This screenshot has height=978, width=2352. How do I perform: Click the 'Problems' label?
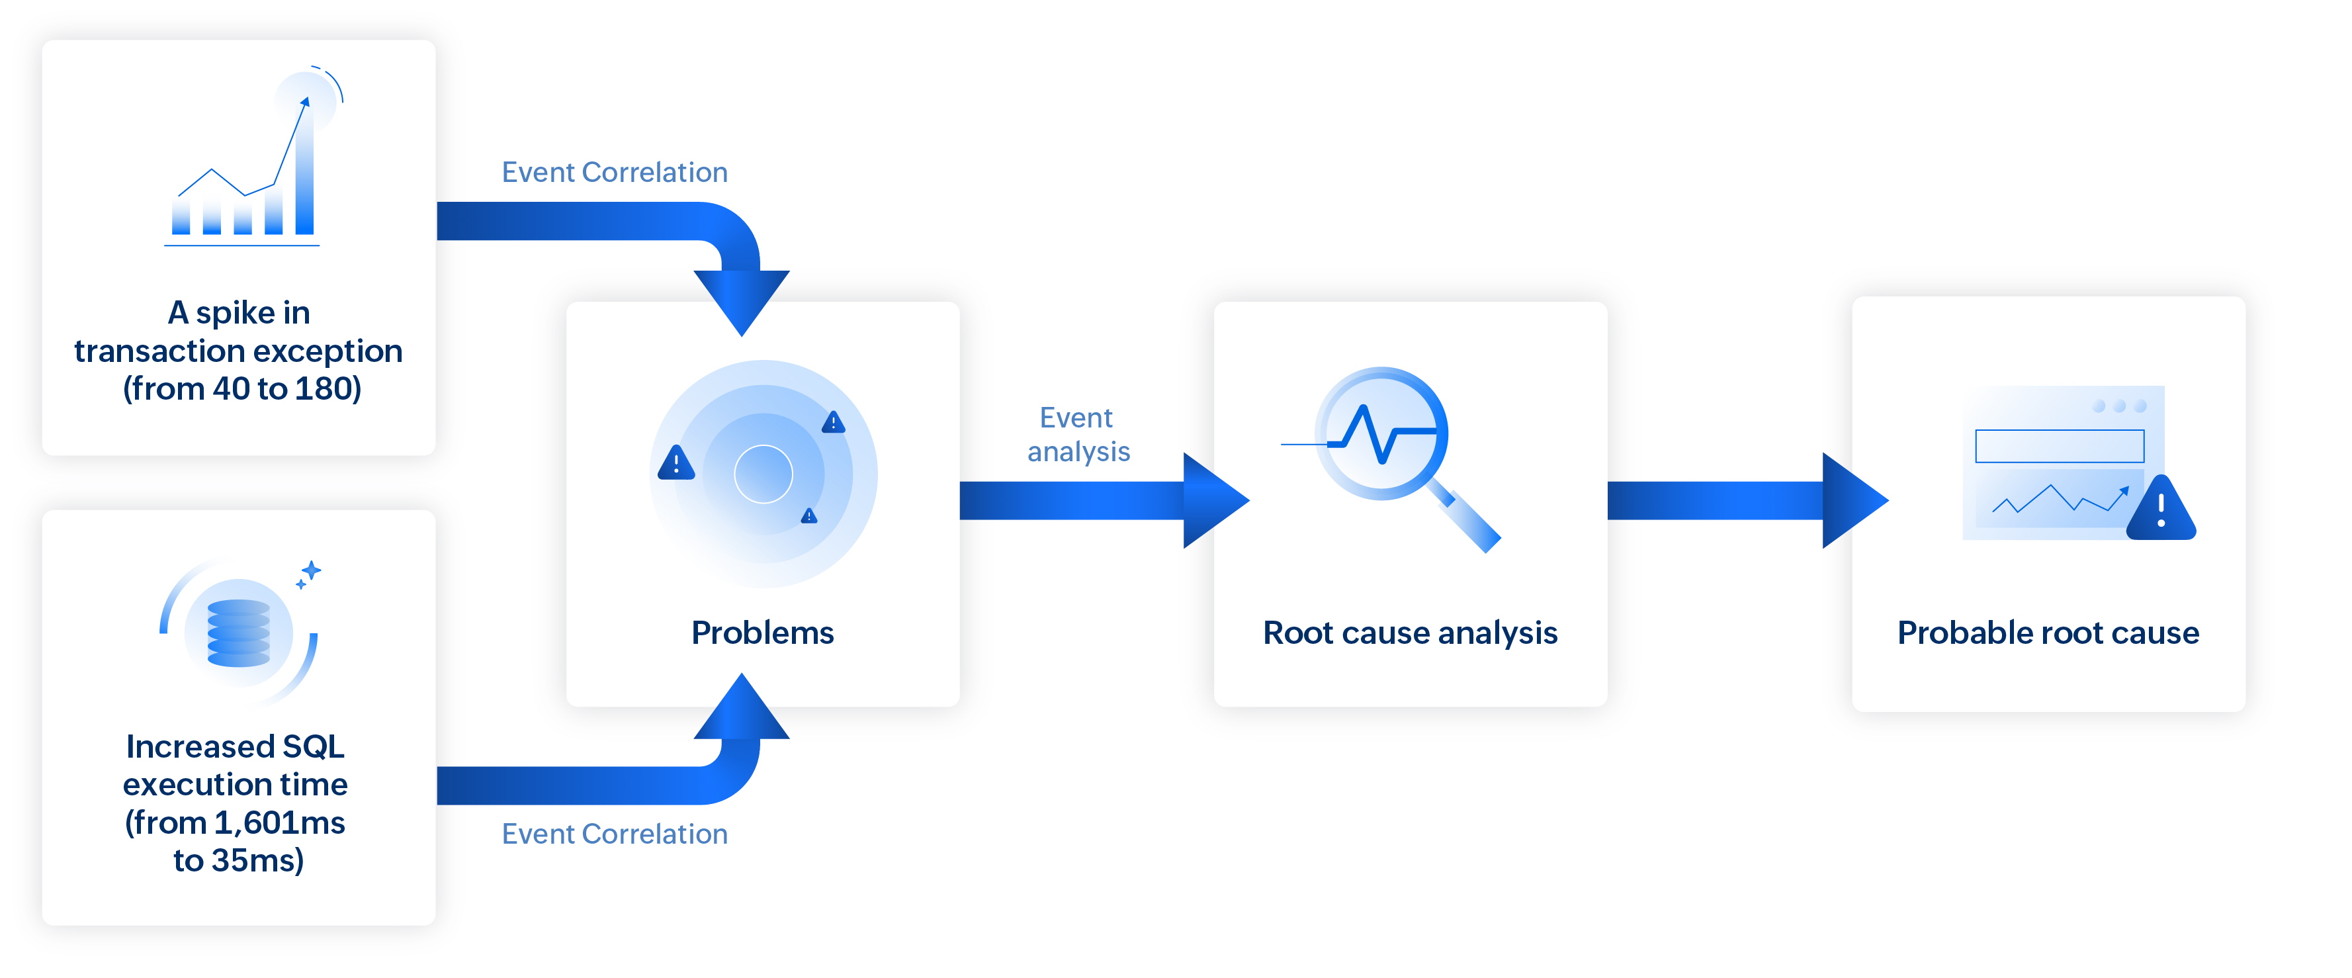[x=762, y=633]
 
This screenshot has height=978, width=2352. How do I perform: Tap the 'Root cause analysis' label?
[x=1410, y=633]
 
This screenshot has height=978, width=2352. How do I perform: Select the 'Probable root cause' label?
[x=2048, y=633]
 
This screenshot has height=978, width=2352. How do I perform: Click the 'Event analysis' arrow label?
[x=1078, y=435]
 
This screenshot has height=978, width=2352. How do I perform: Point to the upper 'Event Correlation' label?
[x=615, y=173]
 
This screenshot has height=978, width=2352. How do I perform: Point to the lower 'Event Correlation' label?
[x=615, y=834]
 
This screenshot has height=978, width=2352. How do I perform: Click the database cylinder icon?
[x=238, y=633]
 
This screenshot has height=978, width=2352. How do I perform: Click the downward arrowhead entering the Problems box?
[x=742, y=298]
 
